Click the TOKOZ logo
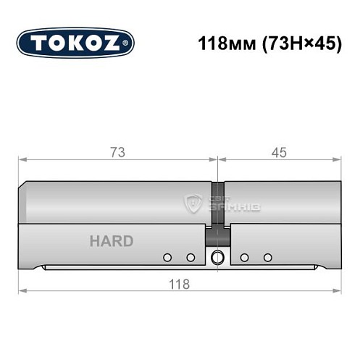[75, 42]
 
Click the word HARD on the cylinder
[111, 241]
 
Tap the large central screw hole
[217, 258]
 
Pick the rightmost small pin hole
[267, 258]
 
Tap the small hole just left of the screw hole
[191, 258]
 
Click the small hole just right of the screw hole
[244, 258]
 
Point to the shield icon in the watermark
[193, 204]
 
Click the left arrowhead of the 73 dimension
[22, 160]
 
